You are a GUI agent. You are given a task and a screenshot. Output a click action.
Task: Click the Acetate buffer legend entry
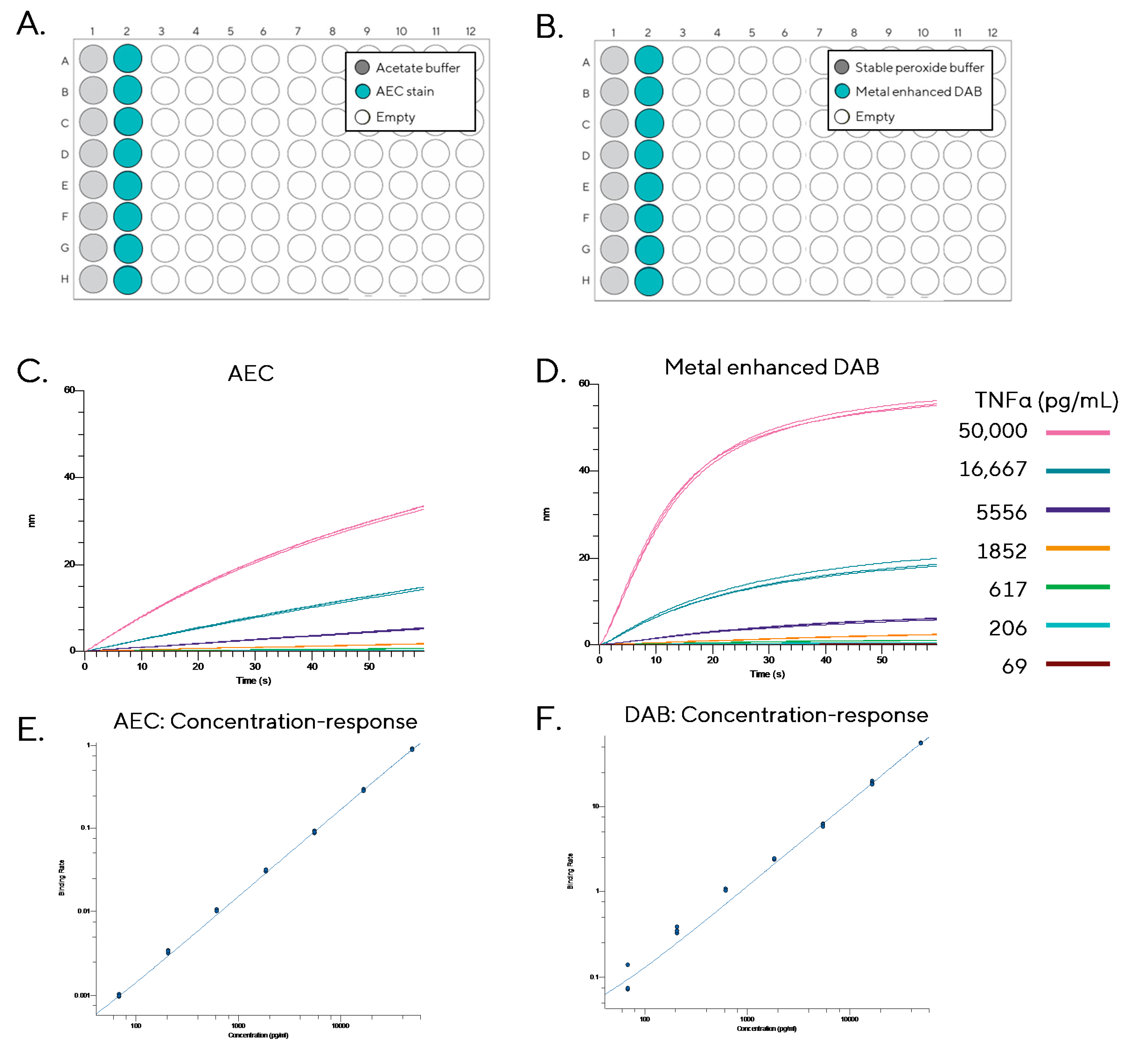tap(407, 68)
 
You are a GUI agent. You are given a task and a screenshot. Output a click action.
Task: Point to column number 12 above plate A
tap(470, 31)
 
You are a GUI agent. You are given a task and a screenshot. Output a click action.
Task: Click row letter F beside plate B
tap(586, 218)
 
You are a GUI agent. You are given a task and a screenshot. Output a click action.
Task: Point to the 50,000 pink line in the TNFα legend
tap(1078, 432)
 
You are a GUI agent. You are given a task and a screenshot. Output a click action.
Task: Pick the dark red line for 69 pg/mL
tap(1078, 663)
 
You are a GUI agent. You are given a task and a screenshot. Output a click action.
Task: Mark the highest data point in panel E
tap(412, 749)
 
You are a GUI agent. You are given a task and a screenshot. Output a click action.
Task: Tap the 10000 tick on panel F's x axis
tap(849, 1019)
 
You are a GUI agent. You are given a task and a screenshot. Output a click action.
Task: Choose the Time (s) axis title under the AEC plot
tap(253, 680)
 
